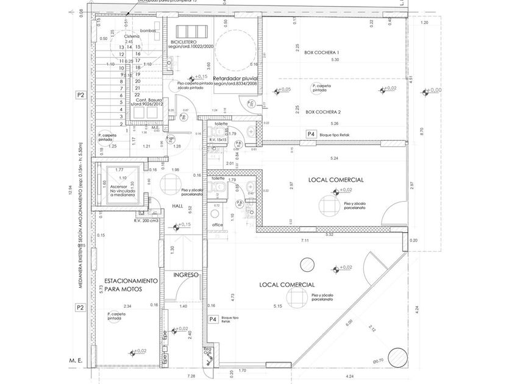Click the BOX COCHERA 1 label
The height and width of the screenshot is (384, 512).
click(322, 53)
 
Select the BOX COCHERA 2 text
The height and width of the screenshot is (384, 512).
click(322, 112)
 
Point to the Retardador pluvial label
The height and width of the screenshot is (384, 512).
click(236, 79)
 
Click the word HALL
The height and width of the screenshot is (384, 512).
click(177, 206)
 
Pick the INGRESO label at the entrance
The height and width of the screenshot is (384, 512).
click(187, 275)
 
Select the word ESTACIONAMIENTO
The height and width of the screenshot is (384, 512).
click(131, 282)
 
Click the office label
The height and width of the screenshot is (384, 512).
click(218, 225)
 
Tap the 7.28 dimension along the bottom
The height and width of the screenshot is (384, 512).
click(191, 376)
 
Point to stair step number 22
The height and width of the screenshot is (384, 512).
click(138, 94)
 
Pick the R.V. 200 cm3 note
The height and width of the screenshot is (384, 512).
click(146, 219)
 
